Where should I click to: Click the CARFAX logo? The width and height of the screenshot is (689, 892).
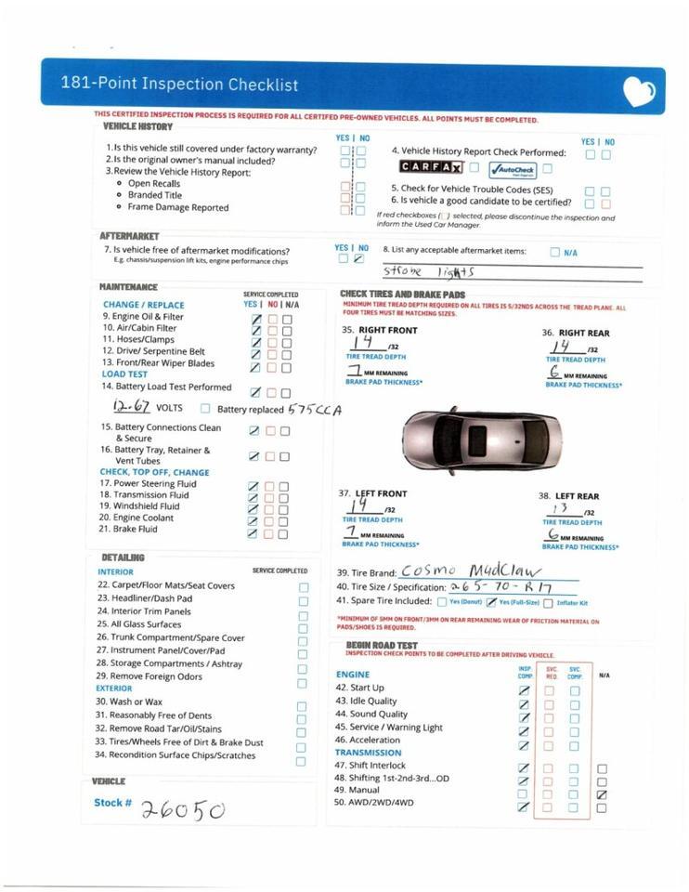pos(431,167)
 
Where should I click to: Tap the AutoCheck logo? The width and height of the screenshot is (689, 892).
pos(513,169)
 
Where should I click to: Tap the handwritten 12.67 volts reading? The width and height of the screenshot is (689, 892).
pos(132,406)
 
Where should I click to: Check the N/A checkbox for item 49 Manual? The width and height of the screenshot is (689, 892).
pos(602,794)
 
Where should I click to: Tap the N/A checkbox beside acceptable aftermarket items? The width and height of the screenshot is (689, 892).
pos(555,252)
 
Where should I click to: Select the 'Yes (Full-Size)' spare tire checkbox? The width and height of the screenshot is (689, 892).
pos(492,603)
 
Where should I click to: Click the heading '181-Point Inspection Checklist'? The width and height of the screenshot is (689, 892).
pos(180,85)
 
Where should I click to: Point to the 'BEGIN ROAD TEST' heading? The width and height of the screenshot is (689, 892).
pos(382,645)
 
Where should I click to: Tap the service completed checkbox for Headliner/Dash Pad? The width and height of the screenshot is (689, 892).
pos(303,601)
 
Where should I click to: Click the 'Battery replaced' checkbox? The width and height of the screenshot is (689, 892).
pos(205,409)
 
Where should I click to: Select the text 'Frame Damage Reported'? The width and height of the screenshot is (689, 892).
pos(178,208)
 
